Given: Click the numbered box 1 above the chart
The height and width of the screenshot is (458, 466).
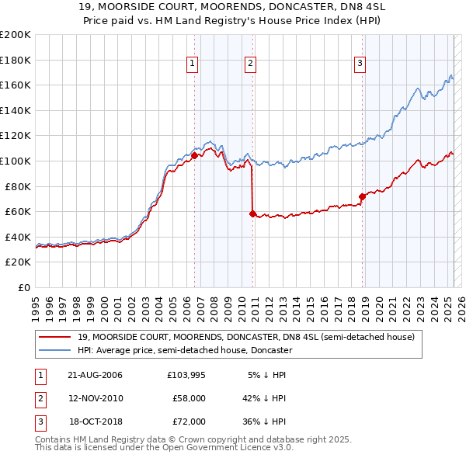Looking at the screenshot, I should (192, 64).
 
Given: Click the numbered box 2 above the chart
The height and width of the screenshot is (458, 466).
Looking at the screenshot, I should (251, 64).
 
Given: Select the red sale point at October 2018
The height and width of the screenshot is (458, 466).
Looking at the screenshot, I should (362, 196).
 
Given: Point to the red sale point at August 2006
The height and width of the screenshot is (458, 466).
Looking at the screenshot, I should (195, 155).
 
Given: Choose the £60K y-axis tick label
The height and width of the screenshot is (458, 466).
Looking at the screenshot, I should (18, 211).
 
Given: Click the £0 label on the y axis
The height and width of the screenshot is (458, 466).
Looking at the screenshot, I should (24, 287).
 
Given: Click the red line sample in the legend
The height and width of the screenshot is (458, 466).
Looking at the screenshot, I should (56, 337).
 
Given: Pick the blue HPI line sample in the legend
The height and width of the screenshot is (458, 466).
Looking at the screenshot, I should (56, 350).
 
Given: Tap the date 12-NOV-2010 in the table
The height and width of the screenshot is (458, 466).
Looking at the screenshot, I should (96, 398).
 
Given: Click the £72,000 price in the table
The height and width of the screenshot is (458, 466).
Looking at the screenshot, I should (188, 422).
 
